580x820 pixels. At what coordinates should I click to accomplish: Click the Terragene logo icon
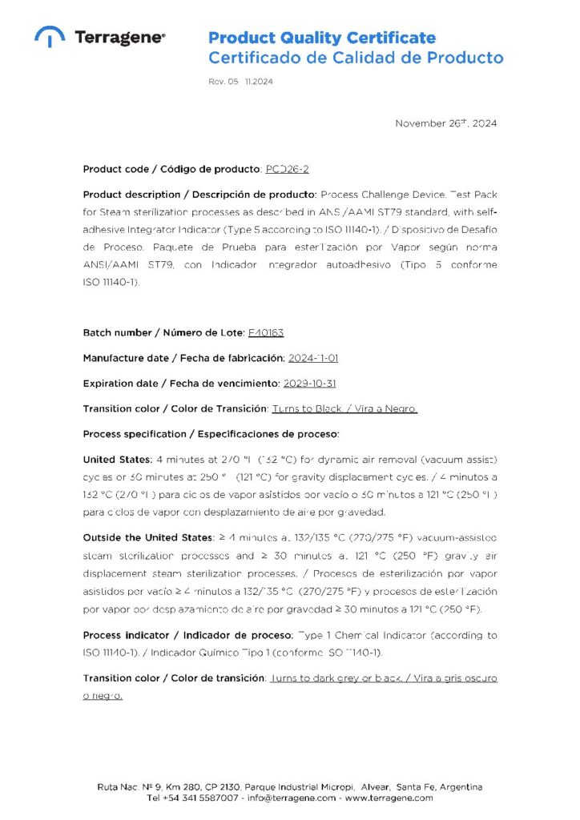50,36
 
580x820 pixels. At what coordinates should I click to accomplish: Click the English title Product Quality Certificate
322,38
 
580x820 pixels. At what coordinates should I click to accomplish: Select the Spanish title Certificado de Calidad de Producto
356,58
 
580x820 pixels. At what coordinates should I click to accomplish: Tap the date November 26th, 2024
446,123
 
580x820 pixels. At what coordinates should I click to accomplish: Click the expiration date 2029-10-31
309,383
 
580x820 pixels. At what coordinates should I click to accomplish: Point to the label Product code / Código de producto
172,169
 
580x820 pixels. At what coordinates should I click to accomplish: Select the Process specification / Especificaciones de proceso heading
211,434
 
